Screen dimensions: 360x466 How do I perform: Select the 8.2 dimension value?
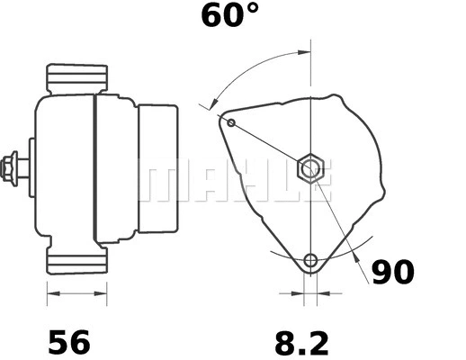tap(300, 342)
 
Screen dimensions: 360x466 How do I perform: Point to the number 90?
tap(397, 272)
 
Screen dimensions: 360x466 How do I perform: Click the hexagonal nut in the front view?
tap(310, 166)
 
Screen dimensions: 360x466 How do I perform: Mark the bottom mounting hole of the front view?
tap(310, 261)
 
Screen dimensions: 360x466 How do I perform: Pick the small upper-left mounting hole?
tap(231, 121)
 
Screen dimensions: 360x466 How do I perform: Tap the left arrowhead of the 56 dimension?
tap(51, 293)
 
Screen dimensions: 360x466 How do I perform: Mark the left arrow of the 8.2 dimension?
tap(297, 293)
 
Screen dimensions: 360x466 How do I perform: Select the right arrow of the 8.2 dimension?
tap(324, 293)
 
